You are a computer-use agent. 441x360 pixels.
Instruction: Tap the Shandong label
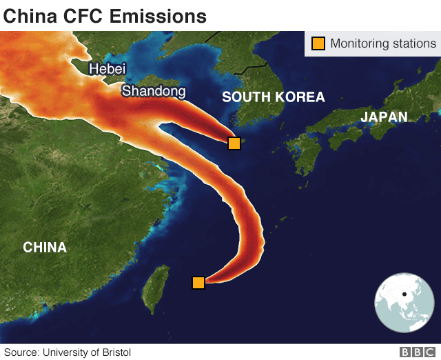click(x=154, y=91)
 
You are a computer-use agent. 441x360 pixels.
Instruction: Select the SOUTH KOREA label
click(x=273, y=97)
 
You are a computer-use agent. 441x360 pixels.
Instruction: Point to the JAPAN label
click(x=384, y=117)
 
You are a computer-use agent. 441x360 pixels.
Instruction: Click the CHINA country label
click(x=45, y=247)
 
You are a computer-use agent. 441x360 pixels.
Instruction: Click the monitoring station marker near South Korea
click(x=234, y=143)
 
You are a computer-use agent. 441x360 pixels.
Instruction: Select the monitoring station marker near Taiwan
click(x=198, y=282)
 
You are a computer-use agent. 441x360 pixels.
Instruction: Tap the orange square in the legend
click(x=318, y=43)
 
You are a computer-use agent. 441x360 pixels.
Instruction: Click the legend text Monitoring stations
click(x=383, y=43)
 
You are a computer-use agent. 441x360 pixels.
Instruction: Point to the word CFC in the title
click(x=83, y=15)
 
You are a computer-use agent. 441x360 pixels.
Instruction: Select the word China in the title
click(x=30, y=15)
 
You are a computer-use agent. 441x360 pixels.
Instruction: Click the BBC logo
click(x=416, y=352)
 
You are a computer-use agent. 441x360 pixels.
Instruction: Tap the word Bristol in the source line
click(x=115, y=352)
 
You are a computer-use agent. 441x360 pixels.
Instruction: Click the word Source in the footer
click(x=21, y=352)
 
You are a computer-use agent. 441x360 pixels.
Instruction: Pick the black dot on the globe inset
click(x=404, y=294)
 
